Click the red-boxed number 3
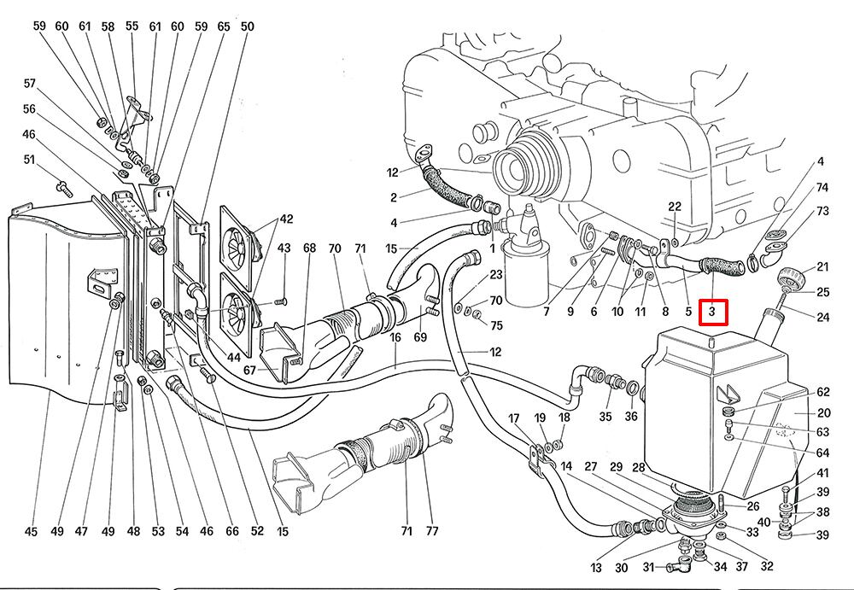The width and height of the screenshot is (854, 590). click(x=711, y=313)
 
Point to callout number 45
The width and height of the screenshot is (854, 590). click(x=31, y=532)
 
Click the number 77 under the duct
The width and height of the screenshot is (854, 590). click(x=432, y=531)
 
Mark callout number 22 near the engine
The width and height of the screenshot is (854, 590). click(x=675, y=207)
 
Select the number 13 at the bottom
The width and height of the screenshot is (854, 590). click(x=595, y=568)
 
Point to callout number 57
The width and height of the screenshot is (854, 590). click(x=30, y=84)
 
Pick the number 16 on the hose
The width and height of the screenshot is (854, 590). click(x=396, y=338)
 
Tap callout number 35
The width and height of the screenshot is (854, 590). click(x=605, y=418)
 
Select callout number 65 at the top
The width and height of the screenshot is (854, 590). click(x=224, y=26)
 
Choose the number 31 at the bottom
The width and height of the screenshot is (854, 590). click(x=648, y=568)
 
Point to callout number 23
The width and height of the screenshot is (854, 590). click(x=496, y=274)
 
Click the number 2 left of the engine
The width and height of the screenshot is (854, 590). click(x=395, y=198)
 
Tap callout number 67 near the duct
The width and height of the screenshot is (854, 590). click(x=249, y=370)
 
